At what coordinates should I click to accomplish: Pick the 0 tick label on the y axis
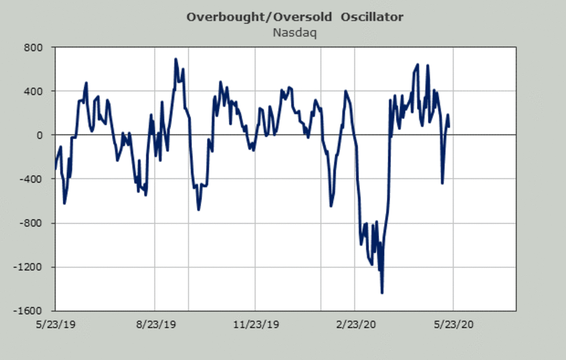point(40,135)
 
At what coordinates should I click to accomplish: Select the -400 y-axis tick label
point(33,179)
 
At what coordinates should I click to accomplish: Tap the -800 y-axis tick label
point(33,223)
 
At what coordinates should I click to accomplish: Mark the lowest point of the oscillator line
point(382,293)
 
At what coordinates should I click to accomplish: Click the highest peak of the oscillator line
point(175,59)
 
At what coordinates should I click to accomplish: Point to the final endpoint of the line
point(449,126)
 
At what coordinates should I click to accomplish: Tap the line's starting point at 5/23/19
point(56,168)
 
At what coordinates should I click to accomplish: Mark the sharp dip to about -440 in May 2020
point(442,183)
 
